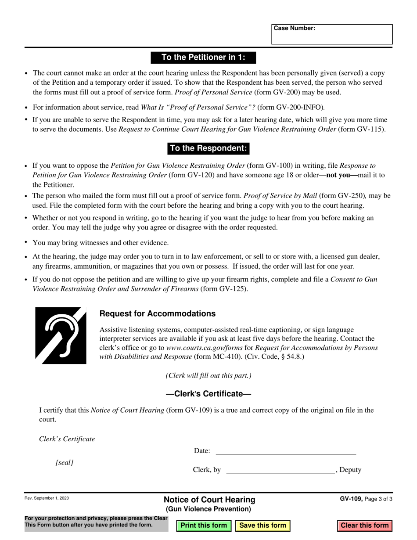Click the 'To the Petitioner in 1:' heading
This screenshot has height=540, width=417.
point(203,58)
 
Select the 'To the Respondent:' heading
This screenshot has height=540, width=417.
point(208,148)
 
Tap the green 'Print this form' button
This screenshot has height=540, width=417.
point(204,526)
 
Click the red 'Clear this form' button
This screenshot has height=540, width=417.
point(364,526)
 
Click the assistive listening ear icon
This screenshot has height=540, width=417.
point(61,335)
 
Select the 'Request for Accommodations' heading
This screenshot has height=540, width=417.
point(158,314)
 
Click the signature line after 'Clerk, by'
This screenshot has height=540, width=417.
point(280,470)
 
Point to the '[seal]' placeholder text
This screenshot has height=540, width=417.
point(65,463)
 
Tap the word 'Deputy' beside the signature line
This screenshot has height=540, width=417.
point(350,470)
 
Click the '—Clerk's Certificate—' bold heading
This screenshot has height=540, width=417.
point(208,394)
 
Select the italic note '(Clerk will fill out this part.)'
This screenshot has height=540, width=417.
point(208,376)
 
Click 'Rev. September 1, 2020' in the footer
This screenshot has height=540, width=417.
point(47,498)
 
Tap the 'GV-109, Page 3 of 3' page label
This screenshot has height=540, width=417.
point(366,499)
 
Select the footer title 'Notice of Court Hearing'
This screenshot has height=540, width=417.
point(209,500)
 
